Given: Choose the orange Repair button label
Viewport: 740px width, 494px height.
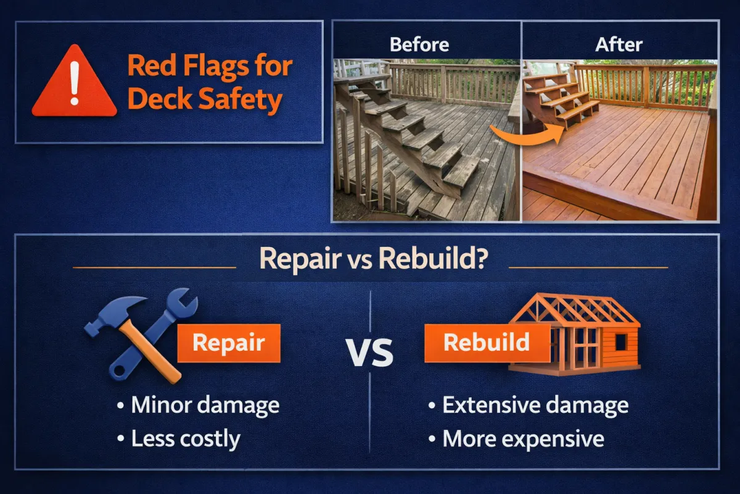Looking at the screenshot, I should pyautogui.click(x=229, y=343).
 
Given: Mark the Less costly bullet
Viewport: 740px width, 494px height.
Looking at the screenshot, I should pyautogui.click(x=179, y=438).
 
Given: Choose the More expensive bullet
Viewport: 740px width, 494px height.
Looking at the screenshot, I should pyautogui.click(x=516, y=438).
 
